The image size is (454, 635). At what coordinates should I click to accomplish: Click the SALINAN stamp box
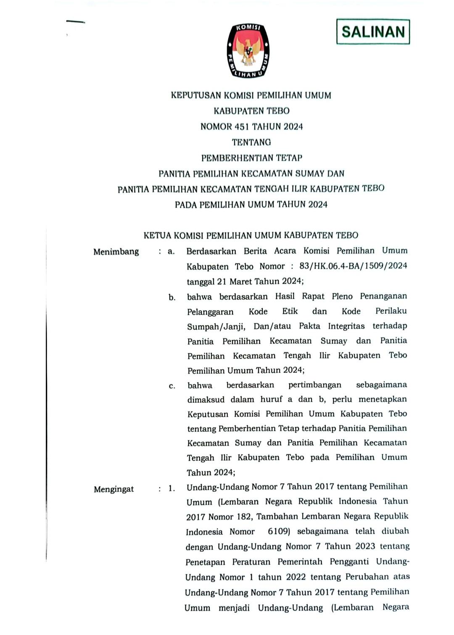point(373,32)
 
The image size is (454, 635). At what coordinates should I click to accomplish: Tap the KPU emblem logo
point(248,51)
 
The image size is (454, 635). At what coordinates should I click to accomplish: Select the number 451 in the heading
point(243,127)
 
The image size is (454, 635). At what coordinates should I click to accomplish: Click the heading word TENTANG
point(251,142)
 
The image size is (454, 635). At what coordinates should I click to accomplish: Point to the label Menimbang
point(116,252)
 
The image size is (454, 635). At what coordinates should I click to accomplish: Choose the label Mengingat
point(113,489)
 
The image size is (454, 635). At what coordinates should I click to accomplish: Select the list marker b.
point(172,298)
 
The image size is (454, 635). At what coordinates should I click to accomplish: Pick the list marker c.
point(172,386)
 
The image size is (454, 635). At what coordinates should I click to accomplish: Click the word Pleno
point(342,297)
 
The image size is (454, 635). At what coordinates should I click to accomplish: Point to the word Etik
point(290,311)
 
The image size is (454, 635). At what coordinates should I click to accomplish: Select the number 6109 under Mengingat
point(279,532)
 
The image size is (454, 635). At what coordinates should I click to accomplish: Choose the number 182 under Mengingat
point(243,517)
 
